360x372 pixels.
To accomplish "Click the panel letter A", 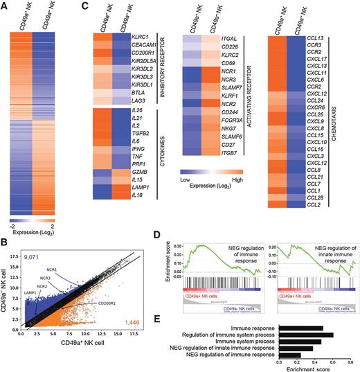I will [5, 6].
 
